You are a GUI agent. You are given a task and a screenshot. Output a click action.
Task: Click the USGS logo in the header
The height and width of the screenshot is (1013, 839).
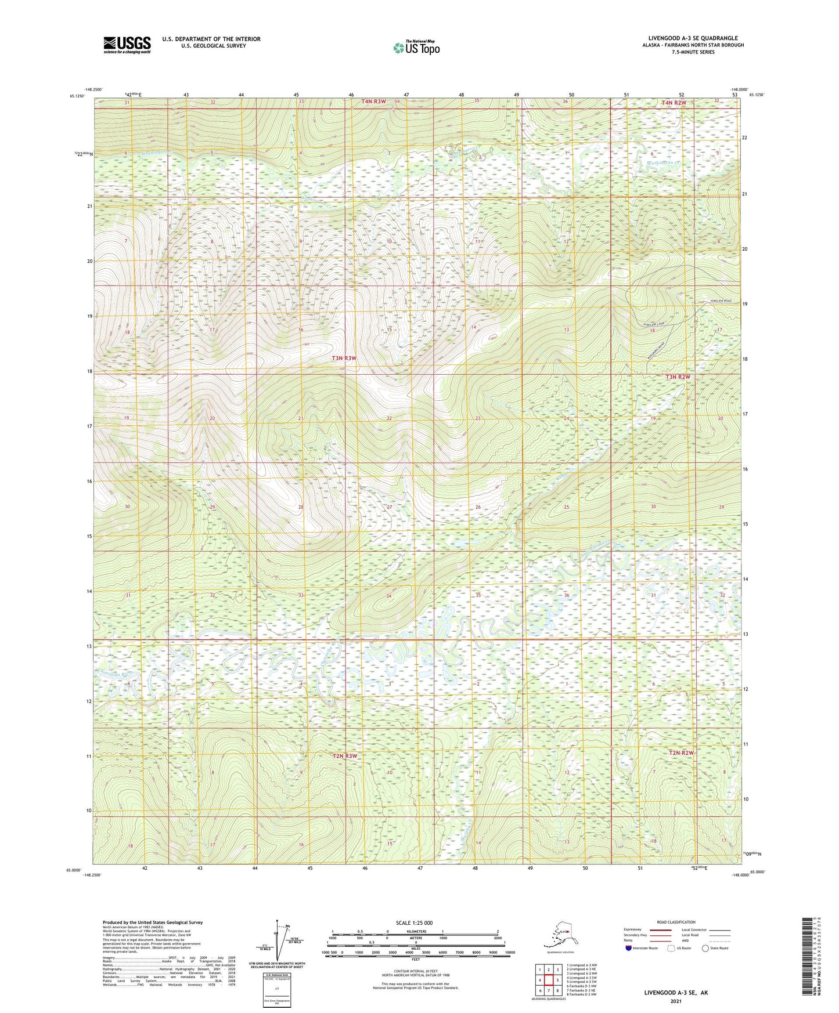pos(127,45)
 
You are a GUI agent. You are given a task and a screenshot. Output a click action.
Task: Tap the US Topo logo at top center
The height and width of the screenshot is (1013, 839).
pos(416,47)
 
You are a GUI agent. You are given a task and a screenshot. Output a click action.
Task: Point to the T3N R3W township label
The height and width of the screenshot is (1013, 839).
pos(344,358)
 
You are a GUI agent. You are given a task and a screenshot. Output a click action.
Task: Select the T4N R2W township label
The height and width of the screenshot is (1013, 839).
pos(674,102)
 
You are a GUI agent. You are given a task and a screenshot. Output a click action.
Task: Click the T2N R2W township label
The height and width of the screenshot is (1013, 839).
pos(681,752)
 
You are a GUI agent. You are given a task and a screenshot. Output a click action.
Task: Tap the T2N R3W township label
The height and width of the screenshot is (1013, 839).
pos(344,756)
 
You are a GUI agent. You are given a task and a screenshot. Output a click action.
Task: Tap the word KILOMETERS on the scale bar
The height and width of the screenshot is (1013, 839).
pos(415,932)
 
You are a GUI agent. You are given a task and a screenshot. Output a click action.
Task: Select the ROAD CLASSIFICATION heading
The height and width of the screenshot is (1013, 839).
pos(675,922)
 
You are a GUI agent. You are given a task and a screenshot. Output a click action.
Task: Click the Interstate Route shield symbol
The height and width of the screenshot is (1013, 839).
pos(629,948)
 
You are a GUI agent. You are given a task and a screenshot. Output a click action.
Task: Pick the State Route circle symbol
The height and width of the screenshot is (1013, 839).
pos(705,948)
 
